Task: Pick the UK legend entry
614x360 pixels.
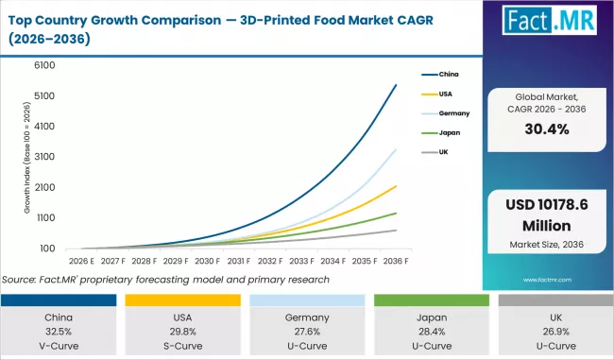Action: tap(442, 152)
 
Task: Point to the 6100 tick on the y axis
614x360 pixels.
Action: tap(44, 65)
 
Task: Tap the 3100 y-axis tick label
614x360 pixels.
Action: tap(44, 157)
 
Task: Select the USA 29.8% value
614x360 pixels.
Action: tap(183, 331)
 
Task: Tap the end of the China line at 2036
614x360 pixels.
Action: tap(396, 85)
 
